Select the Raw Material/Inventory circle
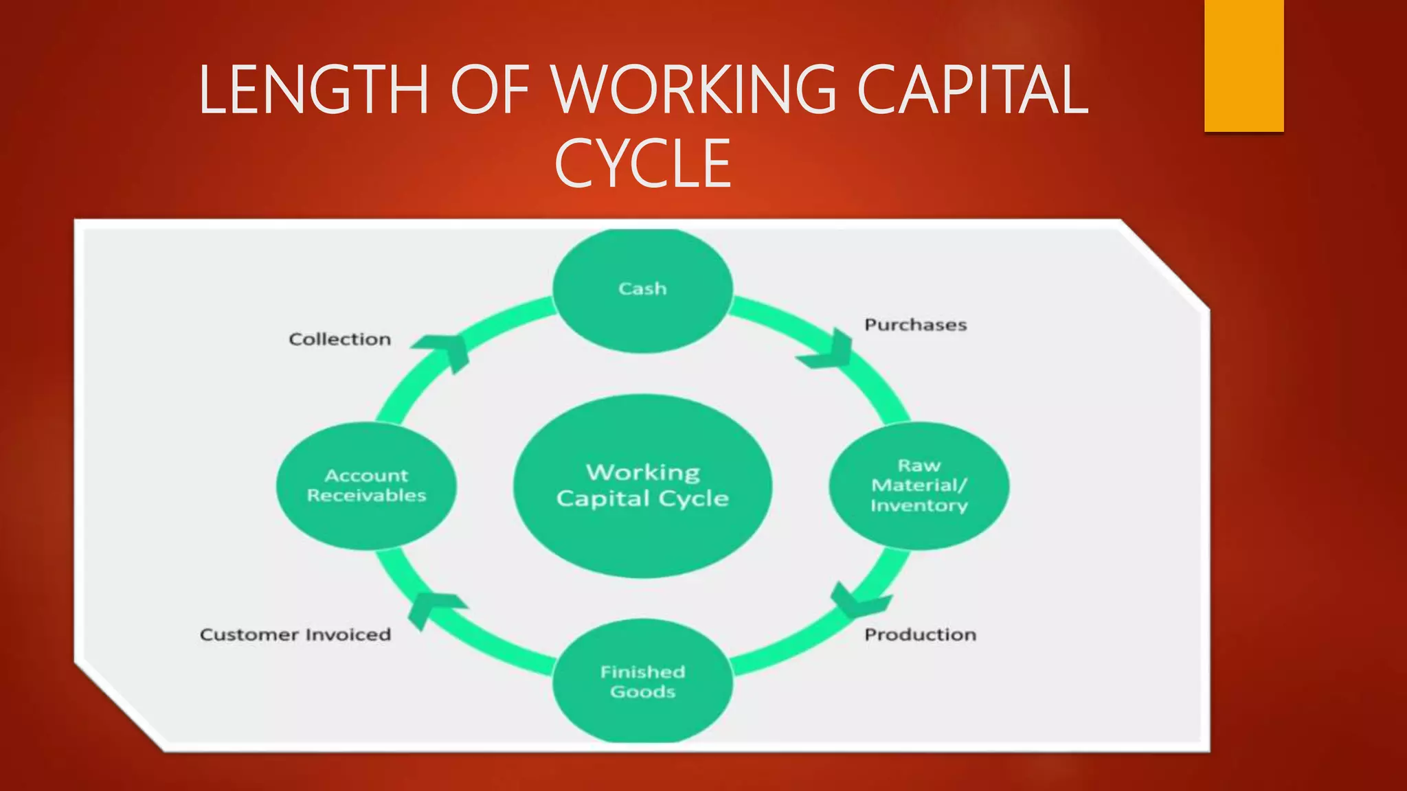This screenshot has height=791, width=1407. [919, 485]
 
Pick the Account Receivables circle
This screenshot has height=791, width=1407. [366, 485]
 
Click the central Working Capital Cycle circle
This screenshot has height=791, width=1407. [642, 485]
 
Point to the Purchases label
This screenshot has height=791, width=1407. [915, 325]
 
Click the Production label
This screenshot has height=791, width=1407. [920, 634]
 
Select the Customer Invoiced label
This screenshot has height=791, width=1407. [295, 634]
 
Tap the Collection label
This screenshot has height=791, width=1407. [340, 339]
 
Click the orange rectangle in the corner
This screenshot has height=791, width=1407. [1243, 65]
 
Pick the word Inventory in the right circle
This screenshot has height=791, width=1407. [919, 505]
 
